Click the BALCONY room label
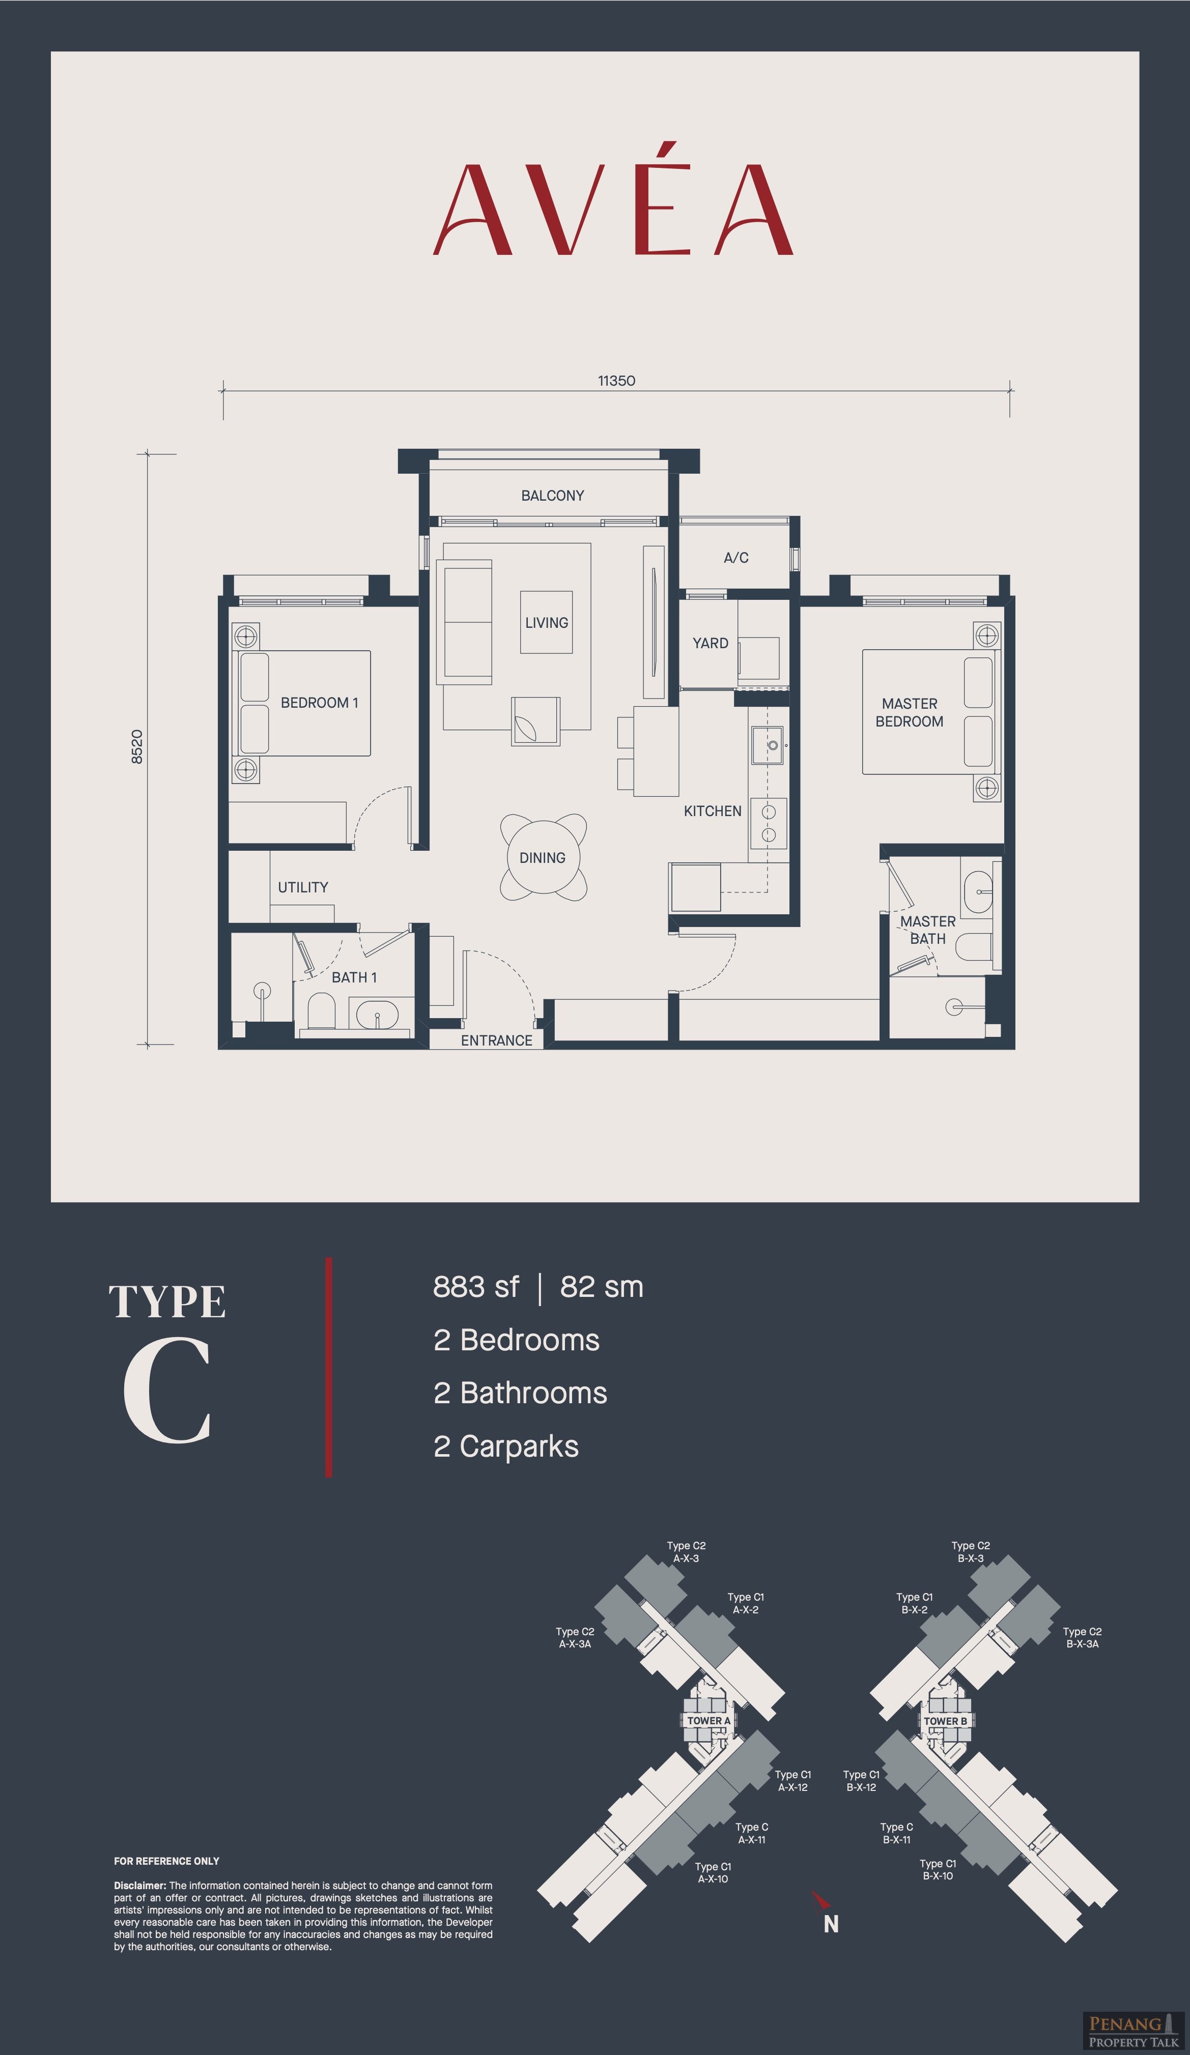click(x=552, y=495)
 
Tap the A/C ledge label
click(x=735, y=558)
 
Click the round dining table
click(x=543, y=857)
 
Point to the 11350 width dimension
click(x=616, y=381)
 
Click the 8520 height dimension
click(x=137, y=746)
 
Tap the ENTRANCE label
click(x=496, y=1040)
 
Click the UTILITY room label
click(x=303, y=887)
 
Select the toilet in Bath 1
click(x=321, y=1011)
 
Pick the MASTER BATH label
click(x=927, y=930)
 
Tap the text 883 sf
click(x=475, y=1287)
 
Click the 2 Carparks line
click(x=506, y=1446)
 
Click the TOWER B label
click(x=945, y=1721)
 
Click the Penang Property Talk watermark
click(x=1133, y=2030)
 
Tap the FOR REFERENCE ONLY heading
click(x=166, y=1861)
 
